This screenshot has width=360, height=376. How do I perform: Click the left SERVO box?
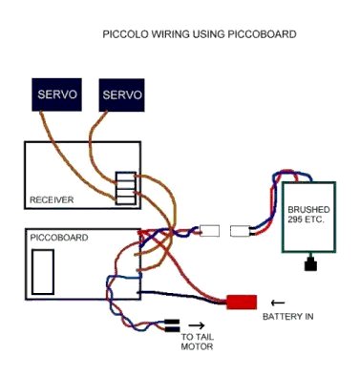(x=56, y=94)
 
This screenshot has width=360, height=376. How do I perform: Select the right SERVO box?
(x=121, y=95)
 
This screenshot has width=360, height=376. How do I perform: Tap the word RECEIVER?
(x=52, y=199)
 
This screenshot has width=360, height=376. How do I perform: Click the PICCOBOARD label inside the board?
(x=59, y=238)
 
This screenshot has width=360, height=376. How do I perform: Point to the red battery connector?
(x=242, y=302)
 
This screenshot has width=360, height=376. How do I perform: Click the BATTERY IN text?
(x=287, y=317)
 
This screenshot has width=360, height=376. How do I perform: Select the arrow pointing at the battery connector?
(x=278, y=303)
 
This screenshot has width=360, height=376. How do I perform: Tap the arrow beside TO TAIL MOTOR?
(x=197, y=325)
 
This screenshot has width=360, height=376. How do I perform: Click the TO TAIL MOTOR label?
(x=198, y=342)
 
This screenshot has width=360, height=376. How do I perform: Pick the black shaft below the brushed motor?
(x=310, y=262)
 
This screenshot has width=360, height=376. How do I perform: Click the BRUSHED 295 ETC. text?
(x=308, y=215)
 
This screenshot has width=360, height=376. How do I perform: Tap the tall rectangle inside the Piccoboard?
(x=43, y=272)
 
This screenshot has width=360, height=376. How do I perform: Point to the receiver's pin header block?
(x=126, y=188)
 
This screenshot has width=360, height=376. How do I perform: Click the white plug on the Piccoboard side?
(x=209, y=231)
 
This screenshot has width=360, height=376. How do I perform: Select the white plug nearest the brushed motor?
(x=241, y=231)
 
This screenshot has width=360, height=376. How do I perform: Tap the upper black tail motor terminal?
(x=172, y=322)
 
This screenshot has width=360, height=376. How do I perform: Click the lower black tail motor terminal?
(x=172, y=329)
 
